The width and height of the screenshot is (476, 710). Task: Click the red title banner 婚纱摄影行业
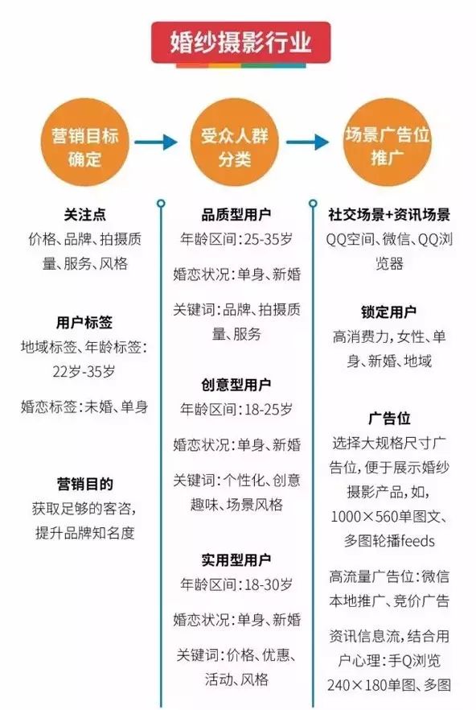coord(240,42)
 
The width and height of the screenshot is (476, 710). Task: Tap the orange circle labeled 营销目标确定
coord(85,142)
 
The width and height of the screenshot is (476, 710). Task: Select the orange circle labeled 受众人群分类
coord(234,142)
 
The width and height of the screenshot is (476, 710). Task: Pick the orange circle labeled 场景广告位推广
coord(388,142)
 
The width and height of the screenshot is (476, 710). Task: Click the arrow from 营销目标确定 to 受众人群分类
coord(156,142)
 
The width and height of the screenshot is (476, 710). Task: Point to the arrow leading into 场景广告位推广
coord(308,142)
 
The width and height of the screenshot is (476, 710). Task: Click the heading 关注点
coord(85,214)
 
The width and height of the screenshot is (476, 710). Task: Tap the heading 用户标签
coord(84,322)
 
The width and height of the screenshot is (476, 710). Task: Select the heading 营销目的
coord(85,484)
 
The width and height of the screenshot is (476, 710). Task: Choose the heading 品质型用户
coord(236,214)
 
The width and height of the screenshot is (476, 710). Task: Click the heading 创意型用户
coord(236,385)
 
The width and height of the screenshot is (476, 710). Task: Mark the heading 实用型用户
coord(236,560)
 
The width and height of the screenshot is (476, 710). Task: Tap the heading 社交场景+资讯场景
coord(389,214)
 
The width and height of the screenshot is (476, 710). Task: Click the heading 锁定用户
coord(389,312)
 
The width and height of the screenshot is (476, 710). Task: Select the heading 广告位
coord(389,418)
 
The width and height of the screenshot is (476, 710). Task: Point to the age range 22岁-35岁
coord(84,371)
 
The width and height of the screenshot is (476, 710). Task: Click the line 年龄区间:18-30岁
coord(236,584)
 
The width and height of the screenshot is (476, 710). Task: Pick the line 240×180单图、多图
coord(389,684)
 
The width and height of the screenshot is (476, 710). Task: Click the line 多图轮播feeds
coord(389,541)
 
